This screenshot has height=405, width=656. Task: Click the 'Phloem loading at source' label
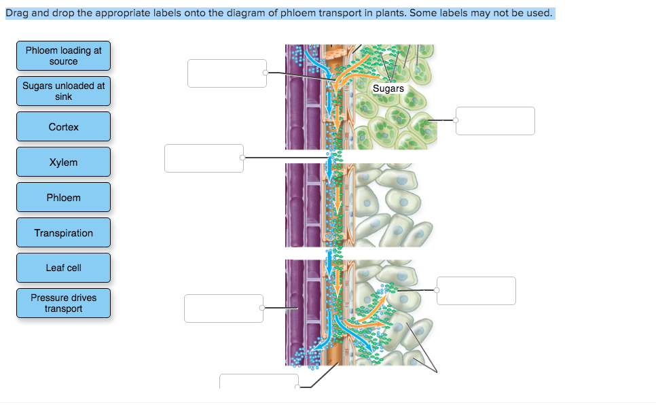(63, 56)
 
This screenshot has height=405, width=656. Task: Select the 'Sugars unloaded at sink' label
(63, 91)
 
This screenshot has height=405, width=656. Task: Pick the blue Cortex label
(63, 127)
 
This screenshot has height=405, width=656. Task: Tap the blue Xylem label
(63, 162)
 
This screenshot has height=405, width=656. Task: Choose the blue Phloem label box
(63, 198)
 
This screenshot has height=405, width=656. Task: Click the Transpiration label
(63, 233)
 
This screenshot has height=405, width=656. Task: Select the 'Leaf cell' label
(63, 268)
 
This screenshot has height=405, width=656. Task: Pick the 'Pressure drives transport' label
(63, 303)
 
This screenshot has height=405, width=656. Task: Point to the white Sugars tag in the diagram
(388, 88)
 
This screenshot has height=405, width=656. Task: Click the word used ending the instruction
(540, 13)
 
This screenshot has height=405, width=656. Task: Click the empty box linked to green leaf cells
(495, 121)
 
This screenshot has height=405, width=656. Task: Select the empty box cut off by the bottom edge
(259, 381)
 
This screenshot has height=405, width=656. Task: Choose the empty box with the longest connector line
(204, 158)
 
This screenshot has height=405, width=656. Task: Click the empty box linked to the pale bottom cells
(476, 291)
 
